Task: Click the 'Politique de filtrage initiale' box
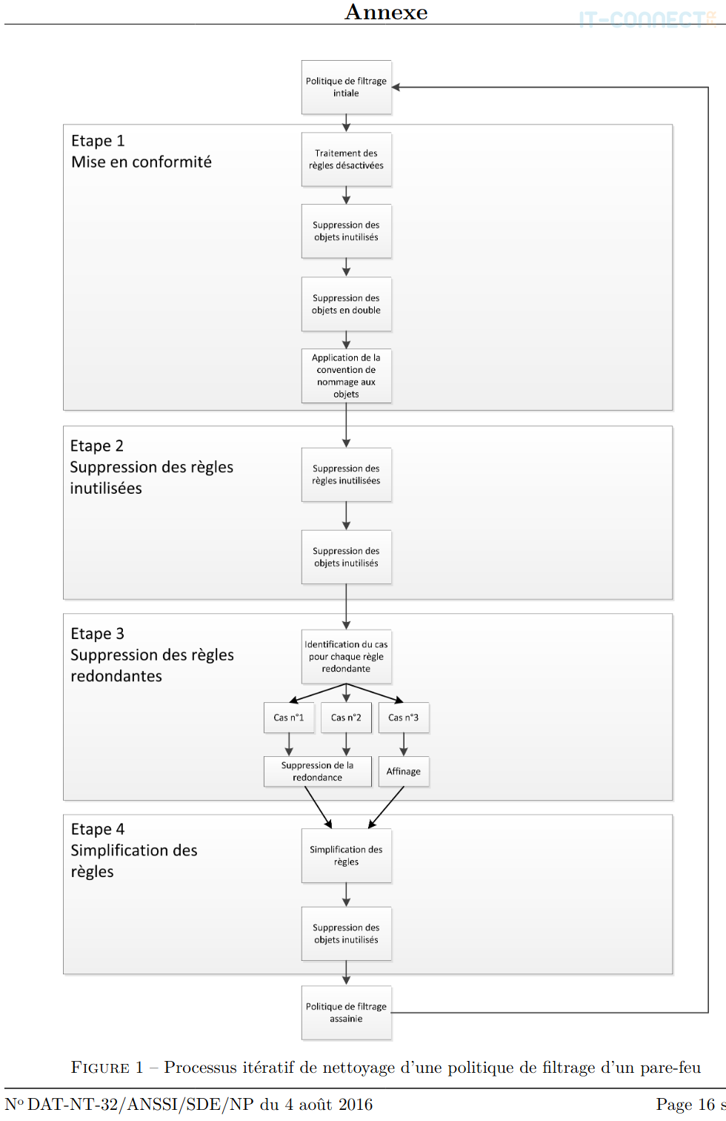pyautogui.click(x=346, y=87)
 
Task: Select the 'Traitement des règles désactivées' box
pyautogui.click(x=346, y=159)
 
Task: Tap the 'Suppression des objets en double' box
pyautogui.click(x=346, y=304)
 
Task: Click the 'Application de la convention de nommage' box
pyautogui.click(x=346, y=376)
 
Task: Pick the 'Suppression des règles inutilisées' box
pyautogui.click(x=346, y=474)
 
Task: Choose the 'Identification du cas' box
pyautogui.click(x=346, y=656)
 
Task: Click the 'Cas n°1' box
pyautogui.click(x=289, y=718)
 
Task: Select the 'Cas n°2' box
pyautogui.click(x=346, y=718)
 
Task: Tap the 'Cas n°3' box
pyautogui.click(x=404, y=718)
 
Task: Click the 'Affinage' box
pyautogui.click(x=404, y=771)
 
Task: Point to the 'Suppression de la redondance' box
pyautogui.click(x=317, y=771)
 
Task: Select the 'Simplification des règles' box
pyautogui.click(x=346, y=856)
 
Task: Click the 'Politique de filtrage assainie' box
pyautogui.click(x=346, y=1013)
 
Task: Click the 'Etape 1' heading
pyautogui.click(x=98, y=141)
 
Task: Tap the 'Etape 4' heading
pyautogui.click(x=98, y=829)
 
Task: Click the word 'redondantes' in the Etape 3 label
pyautogui.click(x=116, y=676)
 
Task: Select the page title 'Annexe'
pyautogui.click(x=386, y=12)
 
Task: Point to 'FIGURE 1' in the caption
pyautogui.click(x=107, y=1068)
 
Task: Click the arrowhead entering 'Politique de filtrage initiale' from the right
pyautogui.click(x=396, y=87)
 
